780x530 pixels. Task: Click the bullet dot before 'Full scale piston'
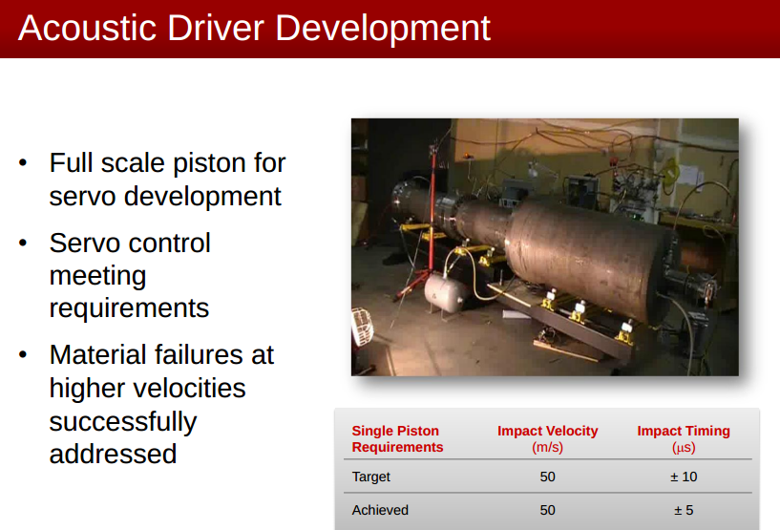pos(23,162)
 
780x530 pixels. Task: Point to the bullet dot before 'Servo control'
pos(23,243)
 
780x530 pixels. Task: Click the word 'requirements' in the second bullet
pos(129,308)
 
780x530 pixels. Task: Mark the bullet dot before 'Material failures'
pos(23,355)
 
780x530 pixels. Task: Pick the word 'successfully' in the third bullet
pos(123,421)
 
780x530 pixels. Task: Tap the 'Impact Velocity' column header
pos(547,438)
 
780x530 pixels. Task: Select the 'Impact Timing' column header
pos(684,438)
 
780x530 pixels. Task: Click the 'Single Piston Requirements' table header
pos(398,438)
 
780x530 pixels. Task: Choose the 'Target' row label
pos(371,477)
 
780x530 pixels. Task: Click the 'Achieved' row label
pos(380,510)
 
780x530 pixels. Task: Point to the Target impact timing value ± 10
pos(684,477)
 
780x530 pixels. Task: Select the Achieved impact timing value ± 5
pos(684,510)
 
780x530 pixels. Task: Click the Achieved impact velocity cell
pos(547,510)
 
